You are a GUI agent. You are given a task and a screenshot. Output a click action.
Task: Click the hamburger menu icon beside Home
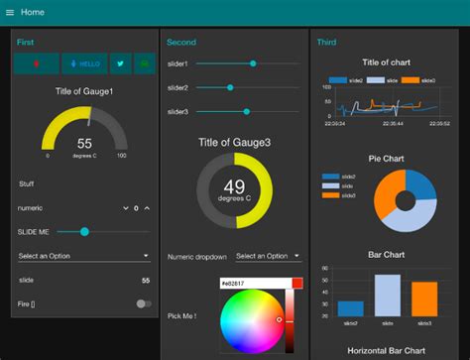pyautogui.click(x=10, y=12)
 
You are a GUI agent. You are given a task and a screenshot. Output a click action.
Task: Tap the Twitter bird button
pyautogui.click(x=120, y=63)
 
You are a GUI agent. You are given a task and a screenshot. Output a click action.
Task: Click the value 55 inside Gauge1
pyautogui.click(x=84, y=143)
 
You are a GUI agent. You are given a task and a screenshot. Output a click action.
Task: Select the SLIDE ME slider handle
pyautogui.click(x=85, y=231)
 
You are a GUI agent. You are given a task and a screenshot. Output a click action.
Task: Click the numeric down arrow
pyautogui.click(x=125, y=208)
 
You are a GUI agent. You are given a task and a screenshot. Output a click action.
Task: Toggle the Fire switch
pyautogui.click(x=145, y=303)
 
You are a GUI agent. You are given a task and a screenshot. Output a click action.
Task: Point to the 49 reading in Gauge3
pyautogui.click(x=234, y=185)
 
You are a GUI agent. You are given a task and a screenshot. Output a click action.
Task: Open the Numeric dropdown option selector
pyautogui.click(x=268, y=256)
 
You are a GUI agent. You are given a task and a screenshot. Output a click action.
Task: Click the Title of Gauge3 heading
pyautogui.click(x=234, y=143)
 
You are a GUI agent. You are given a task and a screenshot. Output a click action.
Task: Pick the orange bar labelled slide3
pyautogui.click(x=424, y=299)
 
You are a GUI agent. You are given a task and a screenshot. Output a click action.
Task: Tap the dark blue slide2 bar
pyautogui.click(x=350, y=307)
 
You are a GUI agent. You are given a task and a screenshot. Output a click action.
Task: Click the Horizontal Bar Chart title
pyautogui.click(x=388, y=350)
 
